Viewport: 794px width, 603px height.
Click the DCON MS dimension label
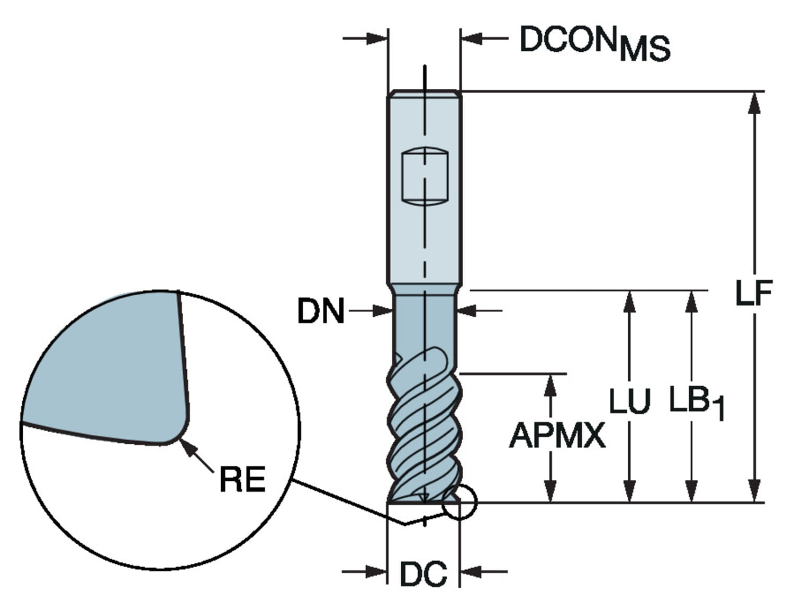[x=594, y=43]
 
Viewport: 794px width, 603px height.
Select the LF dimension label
[x=754, y=294]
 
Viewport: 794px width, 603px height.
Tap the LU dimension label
[x=630, y=400]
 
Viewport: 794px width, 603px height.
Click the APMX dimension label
[x=557, y=436]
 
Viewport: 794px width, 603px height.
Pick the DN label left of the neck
[x=320, y=311]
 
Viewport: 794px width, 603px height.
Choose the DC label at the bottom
[x=423, y=573]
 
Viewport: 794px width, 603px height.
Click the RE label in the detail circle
[x=242, y=479]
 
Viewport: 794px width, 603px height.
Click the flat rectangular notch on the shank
[x=425, y=176]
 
